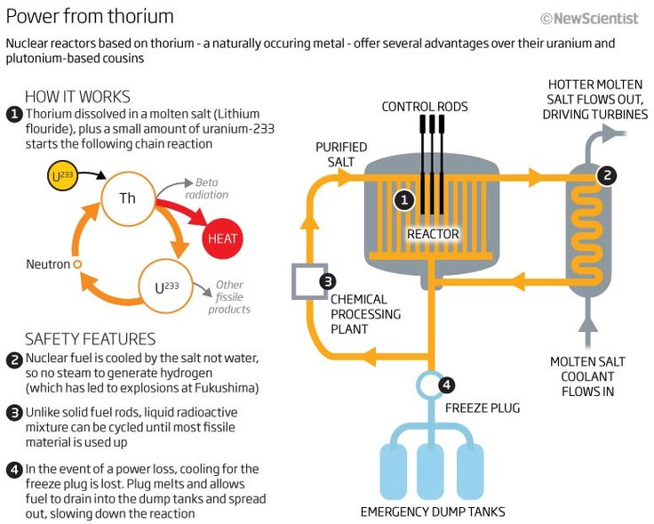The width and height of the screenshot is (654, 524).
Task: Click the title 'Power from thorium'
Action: click(x=90, y=16)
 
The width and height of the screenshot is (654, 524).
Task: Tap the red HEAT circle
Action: click(x=221, y=239)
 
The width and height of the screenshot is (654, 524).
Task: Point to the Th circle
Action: click(x=128, y=198)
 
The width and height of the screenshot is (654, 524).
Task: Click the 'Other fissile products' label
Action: click(x=229, y=297)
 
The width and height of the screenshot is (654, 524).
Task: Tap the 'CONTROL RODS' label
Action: click(x=425, y=107)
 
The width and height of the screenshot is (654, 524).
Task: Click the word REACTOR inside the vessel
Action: click(x=433, y=235)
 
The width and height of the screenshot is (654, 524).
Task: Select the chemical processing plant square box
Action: click(x=308, y=281)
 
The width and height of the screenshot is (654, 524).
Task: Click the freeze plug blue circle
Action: click(x=430, y=385)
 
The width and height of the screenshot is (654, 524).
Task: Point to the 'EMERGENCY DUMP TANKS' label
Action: click(x=432, y=512)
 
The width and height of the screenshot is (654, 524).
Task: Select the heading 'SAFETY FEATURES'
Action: click(x=90, y=339)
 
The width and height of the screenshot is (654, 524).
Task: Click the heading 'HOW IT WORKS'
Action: click(x=77, y=96)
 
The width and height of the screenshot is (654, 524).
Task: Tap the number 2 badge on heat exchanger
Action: click(x=606, y=174)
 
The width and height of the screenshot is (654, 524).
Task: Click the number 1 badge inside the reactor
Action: click(x=404, y=200)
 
